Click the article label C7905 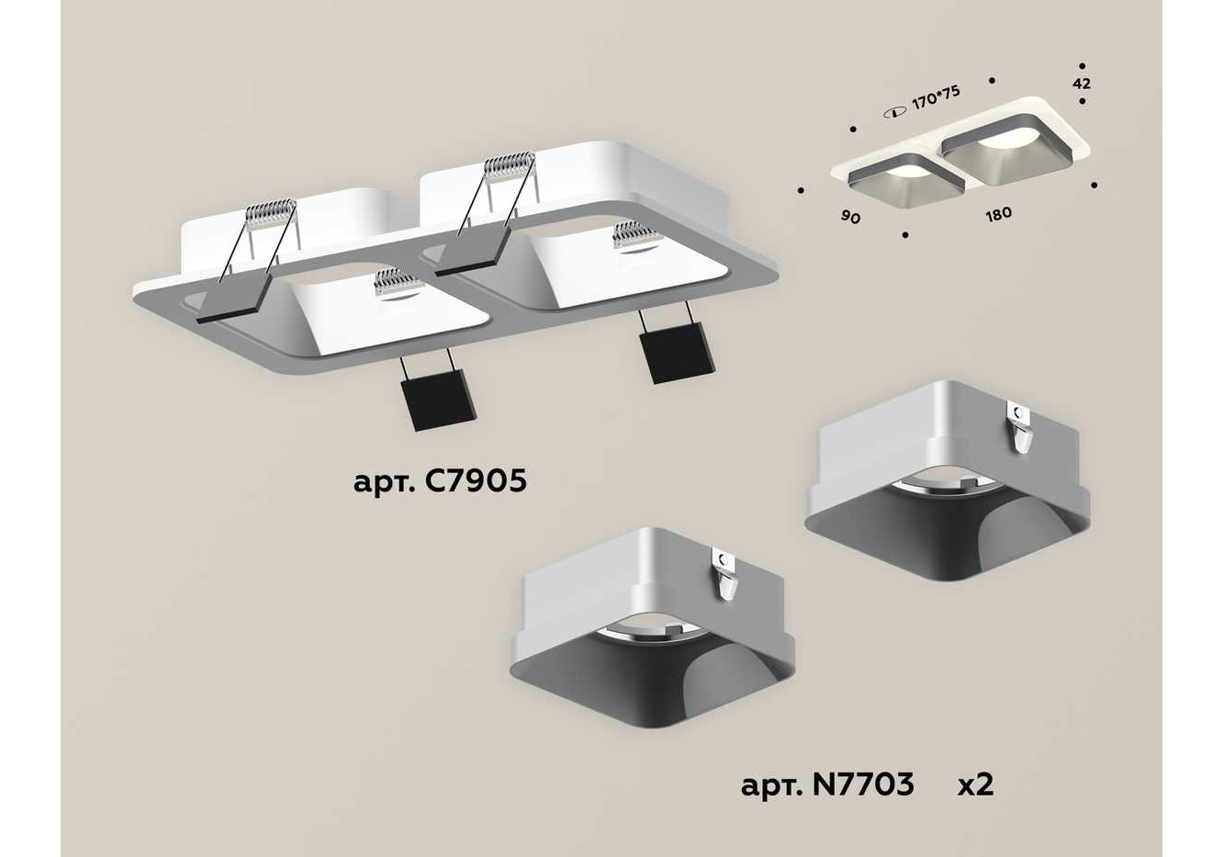click(x=440, y=482)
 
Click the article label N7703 click(x=827, y=784)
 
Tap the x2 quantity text click(x=976, y=784)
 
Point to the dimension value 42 click(x=1082, y=84)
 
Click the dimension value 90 click(x=850, y=217)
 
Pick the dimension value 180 click(x=998, y=214)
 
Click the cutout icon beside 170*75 click(x=895, y=114)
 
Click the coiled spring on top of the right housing click(x=510, y=163)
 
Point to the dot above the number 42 click(x=1082, y=65)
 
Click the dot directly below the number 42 click(x=1082, y=101)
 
